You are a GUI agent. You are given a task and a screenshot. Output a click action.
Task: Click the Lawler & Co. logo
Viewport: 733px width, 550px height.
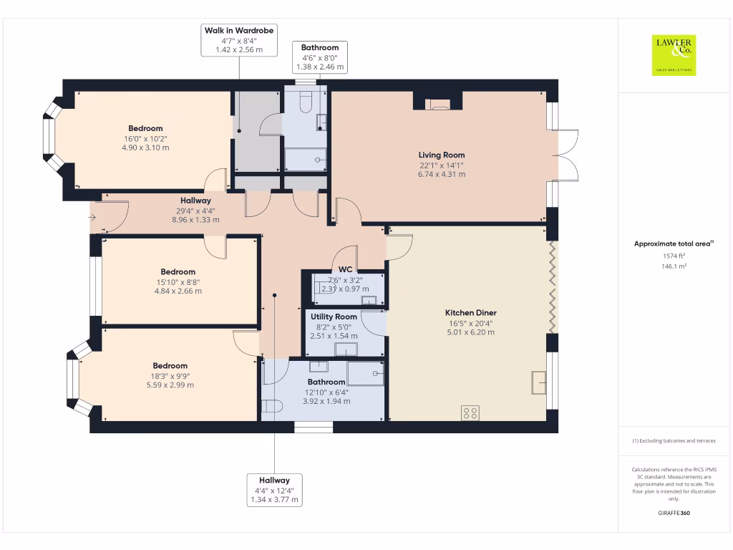pyautogui.click(x=674, y=55)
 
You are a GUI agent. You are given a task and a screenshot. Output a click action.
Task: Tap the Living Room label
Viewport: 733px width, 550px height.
pyautogui.click(x=442, y=155)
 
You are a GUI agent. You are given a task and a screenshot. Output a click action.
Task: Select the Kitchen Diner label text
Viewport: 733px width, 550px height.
pyautogui.click(x=470, y=313)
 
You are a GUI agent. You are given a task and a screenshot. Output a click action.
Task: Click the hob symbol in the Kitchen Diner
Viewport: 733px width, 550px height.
pyautogui.click(x=470, y=412)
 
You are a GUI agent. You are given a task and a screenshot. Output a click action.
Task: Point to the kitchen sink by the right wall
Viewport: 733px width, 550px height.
pyautogui.click(x=538, y=383)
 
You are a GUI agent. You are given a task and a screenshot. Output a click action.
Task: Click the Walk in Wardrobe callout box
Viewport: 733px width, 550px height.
pyautogui.click(x=239, y=40)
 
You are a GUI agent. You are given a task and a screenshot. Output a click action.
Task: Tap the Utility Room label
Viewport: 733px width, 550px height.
pyautogui.click(x=334, y=317)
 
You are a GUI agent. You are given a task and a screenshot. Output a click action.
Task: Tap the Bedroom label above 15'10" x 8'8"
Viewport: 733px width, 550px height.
pyautogui.click(x=178, y=272)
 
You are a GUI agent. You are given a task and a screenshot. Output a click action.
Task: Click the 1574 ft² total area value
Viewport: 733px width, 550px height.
pyautogui.click(x=673, y=256)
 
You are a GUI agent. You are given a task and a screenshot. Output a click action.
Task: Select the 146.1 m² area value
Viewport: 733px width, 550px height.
pyautogui.click(x=673, y=266)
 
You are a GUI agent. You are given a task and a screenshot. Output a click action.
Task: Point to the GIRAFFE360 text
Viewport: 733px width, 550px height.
pyautogui.click(x=673, y=513)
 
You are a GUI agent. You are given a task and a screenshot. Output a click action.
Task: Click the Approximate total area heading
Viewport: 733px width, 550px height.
pyautogui.click(x=673, y=244)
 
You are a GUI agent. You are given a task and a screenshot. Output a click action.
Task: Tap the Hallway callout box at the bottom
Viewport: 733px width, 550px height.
pyautogui.click(x=274, y=490)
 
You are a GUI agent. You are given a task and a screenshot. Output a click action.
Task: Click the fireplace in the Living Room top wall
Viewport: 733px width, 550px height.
pyautogui.click(x=438, y=105)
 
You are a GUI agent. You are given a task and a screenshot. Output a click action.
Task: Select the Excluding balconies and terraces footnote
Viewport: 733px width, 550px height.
pyautogui.click(x=673, y=441)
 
